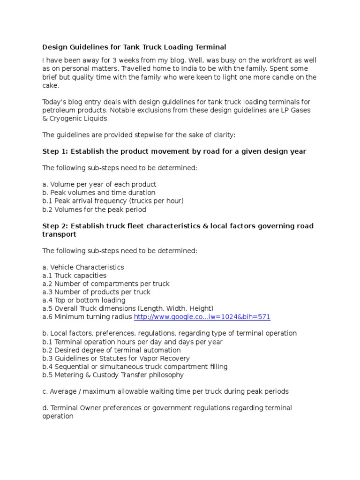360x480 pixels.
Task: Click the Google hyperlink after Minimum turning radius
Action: [x=202, y=317]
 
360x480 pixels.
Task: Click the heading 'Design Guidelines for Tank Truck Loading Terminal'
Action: [x=134, y=47]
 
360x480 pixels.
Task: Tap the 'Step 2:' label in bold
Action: [x=55, y=226]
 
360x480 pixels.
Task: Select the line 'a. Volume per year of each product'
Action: [x=99, y=184]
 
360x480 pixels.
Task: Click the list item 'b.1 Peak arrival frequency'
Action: [x=112, y=201]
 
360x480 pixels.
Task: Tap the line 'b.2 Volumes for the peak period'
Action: [x=94, y=210]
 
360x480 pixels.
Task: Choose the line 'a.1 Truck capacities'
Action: [x=74, y=276]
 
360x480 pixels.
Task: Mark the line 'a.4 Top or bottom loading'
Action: [x=84, y=300]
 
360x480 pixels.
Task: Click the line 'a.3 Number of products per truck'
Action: [x=96, y=292]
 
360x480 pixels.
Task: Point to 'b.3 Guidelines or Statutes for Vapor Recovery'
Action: [x=116, y=359]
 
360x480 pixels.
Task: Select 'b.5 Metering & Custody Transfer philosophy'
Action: [x=112, y=375]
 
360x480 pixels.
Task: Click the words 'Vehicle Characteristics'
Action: [x=87, y=267]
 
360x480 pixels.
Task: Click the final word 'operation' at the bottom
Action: [x=58, y=416]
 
